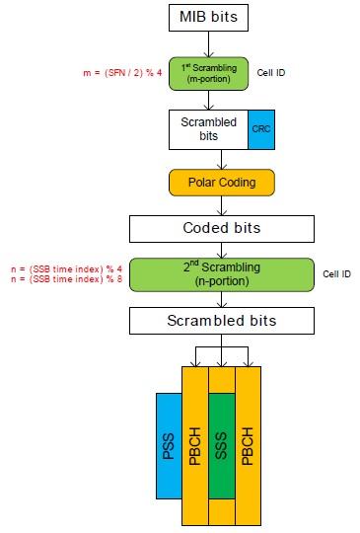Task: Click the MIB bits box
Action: point(207,18)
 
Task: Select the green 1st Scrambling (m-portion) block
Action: point(207,73)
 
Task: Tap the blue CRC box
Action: point(258,128)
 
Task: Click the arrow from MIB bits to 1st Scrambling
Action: point(207,43)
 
